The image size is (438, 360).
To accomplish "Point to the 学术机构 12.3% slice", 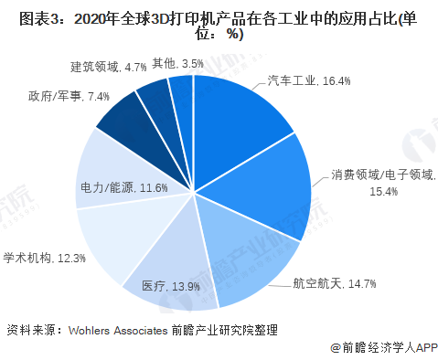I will pyautogui.click(x=114, y=238).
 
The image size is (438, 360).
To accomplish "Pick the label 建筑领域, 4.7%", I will pyautogui.click(x=109, y=67).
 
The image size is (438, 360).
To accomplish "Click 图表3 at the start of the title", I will pyautogui.click(x=28, y=16).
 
